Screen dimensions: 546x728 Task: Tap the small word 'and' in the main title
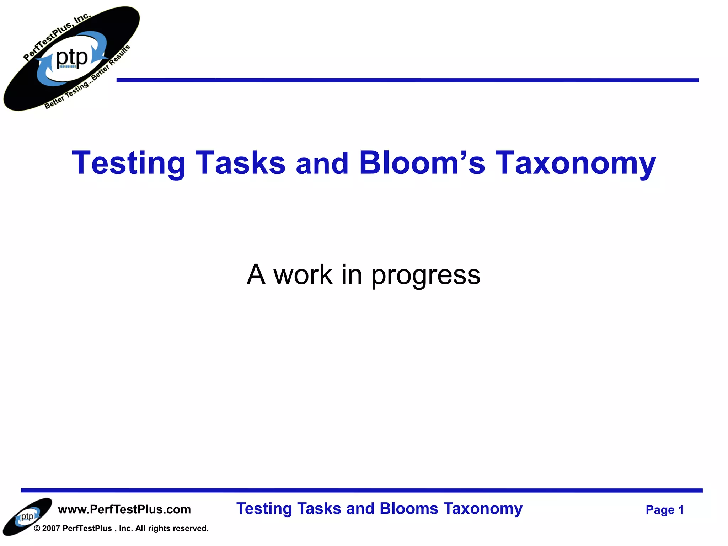322,164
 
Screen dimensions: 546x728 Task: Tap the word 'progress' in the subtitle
426,275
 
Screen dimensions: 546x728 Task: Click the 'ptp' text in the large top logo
72,58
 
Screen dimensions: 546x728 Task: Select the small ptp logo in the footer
27,516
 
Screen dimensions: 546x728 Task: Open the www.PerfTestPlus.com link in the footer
124,509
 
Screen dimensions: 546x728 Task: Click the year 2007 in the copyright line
51,529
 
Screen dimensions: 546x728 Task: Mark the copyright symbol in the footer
37,529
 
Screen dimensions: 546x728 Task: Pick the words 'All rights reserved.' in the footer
172,529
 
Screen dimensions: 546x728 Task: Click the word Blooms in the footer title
408,509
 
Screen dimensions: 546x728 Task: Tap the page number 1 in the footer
681,510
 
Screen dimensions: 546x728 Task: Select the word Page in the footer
660,510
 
